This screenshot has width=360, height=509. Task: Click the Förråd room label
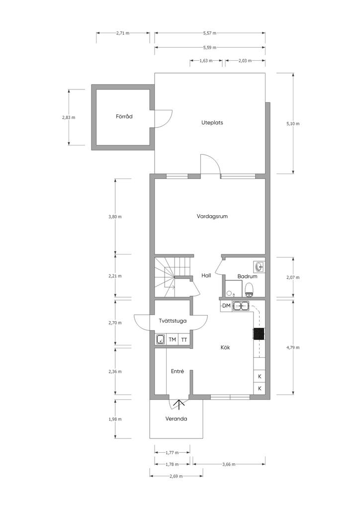point(124,116)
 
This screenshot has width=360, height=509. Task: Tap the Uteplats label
point(212,123)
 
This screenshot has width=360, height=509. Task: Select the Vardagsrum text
point(212,216)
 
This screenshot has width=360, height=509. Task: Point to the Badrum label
point(247,276)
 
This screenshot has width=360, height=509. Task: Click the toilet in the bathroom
point(249,290)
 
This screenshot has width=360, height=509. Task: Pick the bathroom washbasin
point(260,267)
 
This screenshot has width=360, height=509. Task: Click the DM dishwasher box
point(226,306)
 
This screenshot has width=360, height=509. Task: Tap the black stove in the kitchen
point(259,334)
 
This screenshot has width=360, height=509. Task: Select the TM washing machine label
point(173,339)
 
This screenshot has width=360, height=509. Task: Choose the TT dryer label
point(184,340)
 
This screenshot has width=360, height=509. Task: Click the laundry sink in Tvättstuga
point(161,339)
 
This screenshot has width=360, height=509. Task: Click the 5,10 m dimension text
point(293,124)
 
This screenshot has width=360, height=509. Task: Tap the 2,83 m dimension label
point(69,117)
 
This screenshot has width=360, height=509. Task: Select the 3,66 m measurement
point(229,465)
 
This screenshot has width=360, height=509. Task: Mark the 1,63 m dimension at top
point(206,61)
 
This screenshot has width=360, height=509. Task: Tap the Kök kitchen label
point(225,347)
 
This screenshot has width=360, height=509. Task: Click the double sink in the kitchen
point(241,306)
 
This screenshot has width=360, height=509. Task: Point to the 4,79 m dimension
point(293,347)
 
